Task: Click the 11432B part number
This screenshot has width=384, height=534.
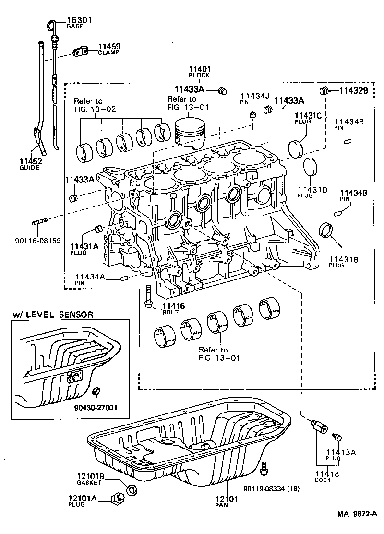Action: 354,90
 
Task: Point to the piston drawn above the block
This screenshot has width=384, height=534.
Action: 192,131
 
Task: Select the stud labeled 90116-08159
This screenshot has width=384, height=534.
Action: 39,223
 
